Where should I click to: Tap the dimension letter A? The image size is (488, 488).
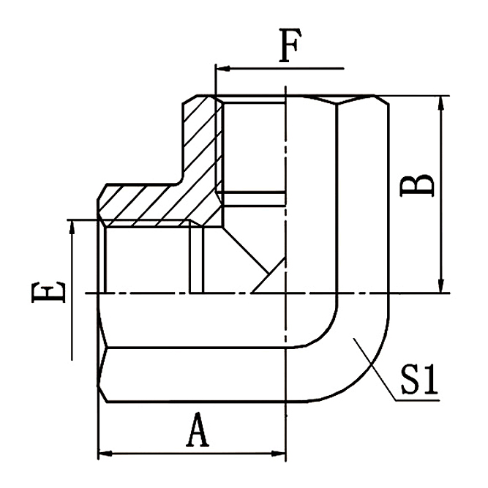click(197, 432)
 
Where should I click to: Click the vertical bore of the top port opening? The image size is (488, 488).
click(252, 146)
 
